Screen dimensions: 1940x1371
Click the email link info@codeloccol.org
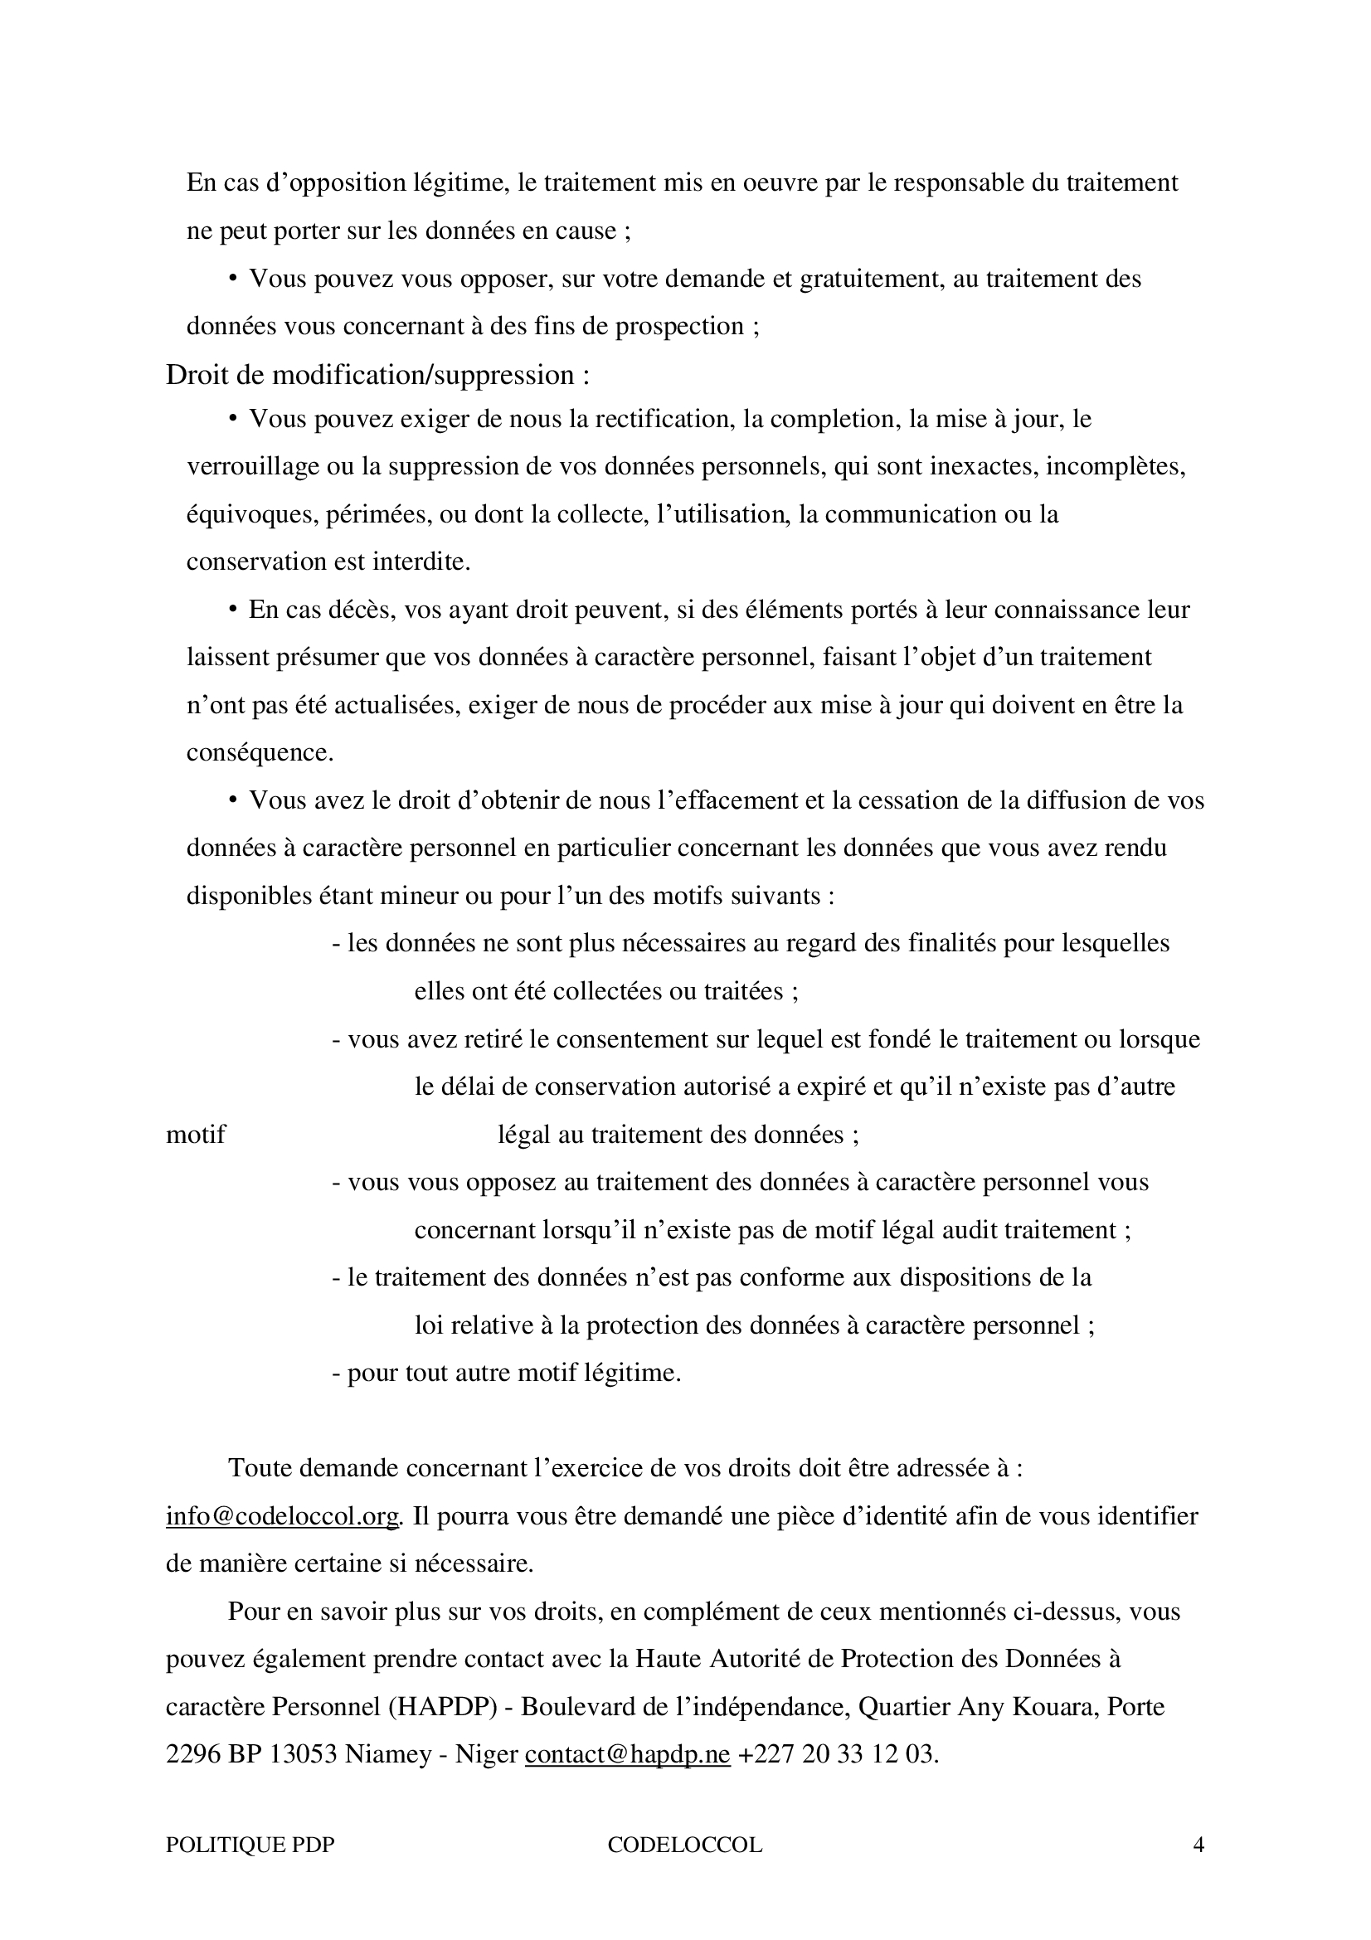[282, 1517]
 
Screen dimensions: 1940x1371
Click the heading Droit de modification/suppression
[377, 374]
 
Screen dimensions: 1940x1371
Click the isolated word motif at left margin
[195, 1134]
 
